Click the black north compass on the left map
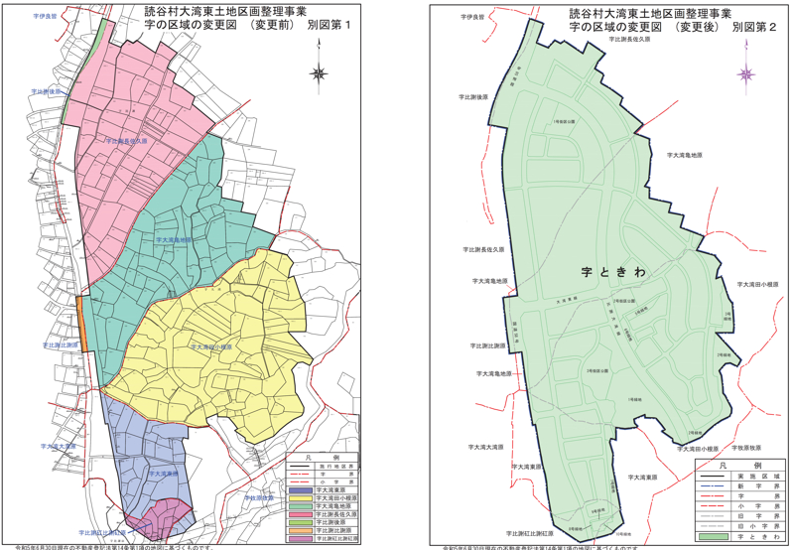click(317, 70)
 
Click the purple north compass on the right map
click(744, 72)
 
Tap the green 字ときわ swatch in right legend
click(715, 537)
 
